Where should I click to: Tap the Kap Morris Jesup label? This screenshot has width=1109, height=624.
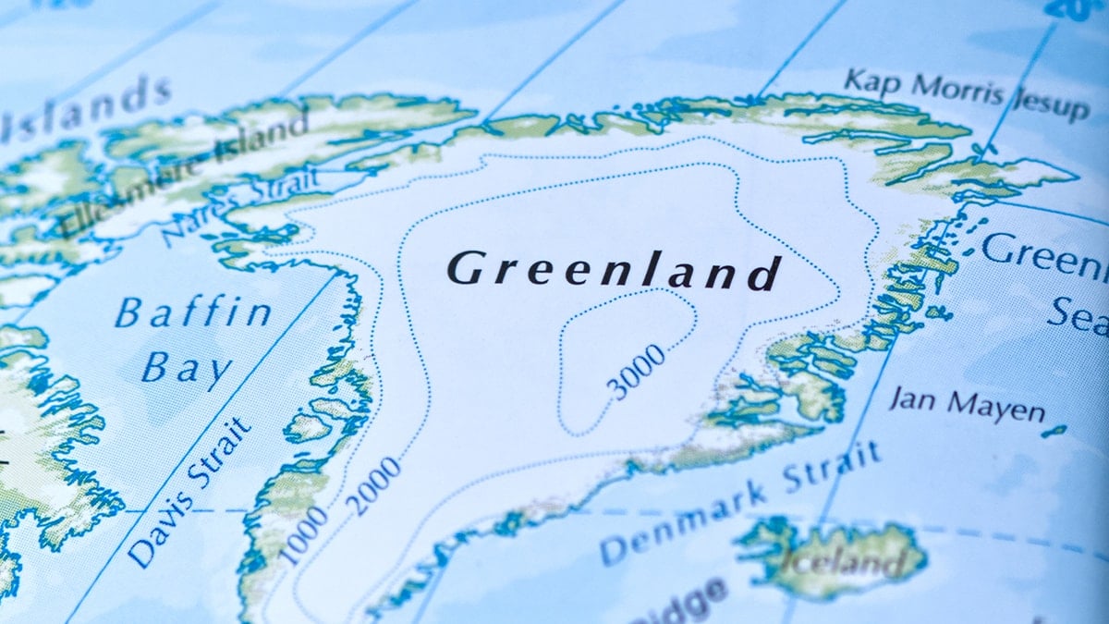pyautogui.click(x=966, y=92)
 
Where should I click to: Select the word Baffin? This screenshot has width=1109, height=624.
pyautogui.click(x=193, y=313)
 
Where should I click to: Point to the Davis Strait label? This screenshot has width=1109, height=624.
pyautogui.click(x=190, y=491)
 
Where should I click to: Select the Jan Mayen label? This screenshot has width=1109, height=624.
pyautogui.click(x=966, y=404)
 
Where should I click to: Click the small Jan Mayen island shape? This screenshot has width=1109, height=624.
pyautogui.click(x=1054, y=431)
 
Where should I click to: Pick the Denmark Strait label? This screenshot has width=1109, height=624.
pyautogui.click(x=739, y=503)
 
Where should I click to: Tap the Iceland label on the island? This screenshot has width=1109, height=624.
pyautogui.click(x=836, y=558)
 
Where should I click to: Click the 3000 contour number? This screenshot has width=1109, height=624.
pyautogui.click(x=638, y=371)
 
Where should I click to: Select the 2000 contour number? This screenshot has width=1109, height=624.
pyautogui.click(x=374, y=485)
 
